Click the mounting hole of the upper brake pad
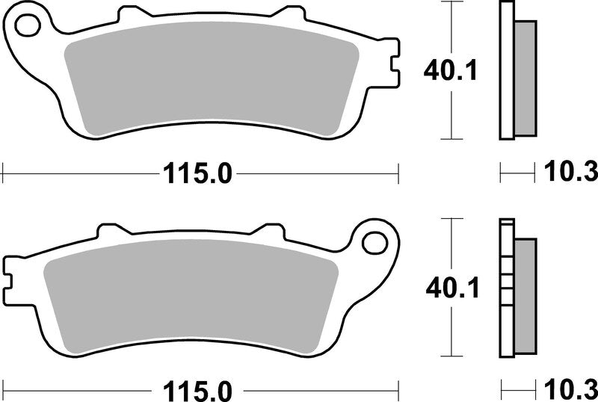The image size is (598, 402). pyautogui.click(x=27, y=27)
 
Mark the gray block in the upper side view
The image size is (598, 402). pyautogui.click(x=527, y=78)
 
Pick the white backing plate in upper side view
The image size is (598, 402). pyautogui.click(x=506, y=71)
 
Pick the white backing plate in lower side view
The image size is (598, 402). pyautogui.click(x=506, y=288)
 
